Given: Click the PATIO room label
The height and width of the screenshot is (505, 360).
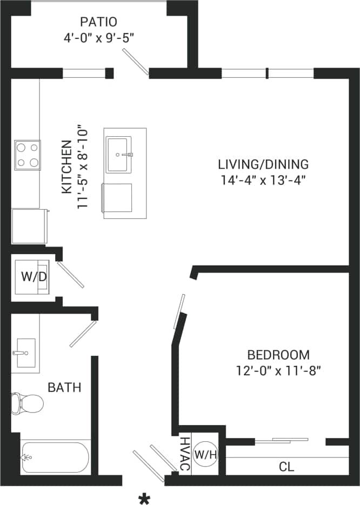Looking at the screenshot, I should point(98,22).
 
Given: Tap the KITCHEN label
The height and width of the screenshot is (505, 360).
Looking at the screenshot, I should point(66,167).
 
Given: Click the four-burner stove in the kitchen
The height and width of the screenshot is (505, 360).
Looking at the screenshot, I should point(28,155).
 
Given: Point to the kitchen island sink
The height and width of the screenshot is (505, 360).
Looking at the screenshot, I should point(119,155).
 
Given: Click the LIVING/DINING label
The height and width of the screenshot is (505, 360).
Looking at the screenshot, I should point(263,164).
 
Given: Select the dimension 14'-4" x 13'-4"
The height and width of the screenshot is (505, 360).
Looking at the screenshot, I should point(263,180).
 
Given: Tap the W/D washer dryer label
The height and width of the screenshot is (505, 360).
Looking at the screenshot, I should point(34,276).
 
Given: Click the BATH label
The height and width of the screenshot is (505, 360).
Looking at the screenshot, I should point(64,387).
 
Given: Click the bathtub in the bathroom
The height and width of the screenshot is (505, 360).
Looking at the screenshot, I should point(55,457).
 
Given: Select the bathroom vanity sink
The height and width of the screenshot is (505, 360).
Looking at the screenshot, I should point(25,353).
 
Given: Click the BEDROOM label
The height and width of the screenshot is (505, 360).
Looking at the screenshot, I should point(278,355).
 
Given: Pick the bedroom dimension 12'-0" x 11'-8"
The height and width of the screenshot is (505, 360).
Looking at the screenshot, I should point(278,371).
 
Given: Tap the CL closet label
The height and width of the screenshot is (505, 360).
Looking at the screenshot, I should point(286,467).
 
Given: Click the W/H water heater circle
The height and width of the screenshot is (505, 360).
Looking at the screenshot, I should point(205,454).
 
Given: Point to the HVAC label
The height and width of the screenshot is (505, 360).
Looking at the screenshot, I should point(184,454).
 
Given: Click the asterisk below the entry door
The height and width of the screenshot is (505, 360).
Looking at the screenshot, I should point(144,499).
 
